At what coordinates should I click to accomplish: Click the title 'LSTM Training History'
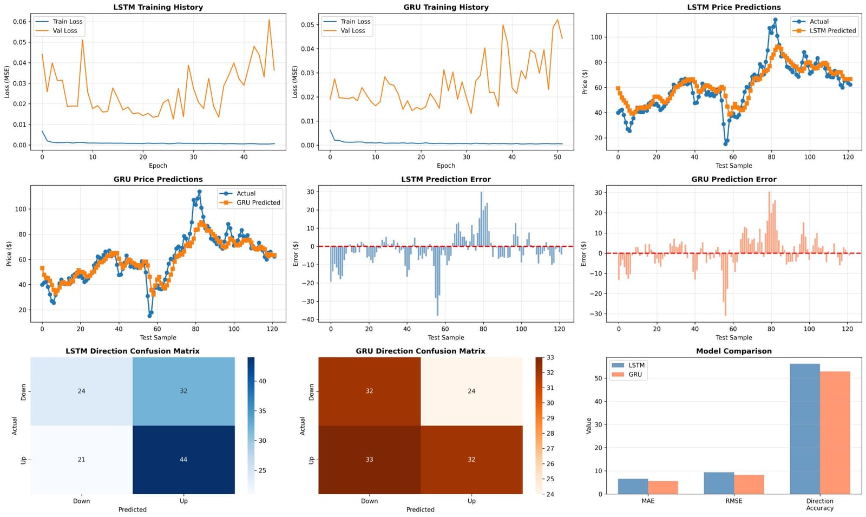point(158,7)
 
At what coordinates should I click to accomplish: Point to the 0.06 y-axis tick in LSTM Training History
point(19,22)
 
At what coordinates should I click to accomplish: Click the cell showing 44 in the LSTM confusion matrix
point(183,460)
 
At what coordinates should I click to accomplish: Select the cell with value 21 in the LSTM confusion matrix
point(82,460)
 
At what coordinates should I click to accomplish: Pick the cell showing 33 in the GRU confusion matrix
point(369,460)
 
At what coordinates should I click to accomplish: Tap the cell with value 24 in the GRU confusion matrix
point(471,391)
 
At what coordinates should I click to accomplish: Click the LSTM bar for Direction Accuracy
point(805,429)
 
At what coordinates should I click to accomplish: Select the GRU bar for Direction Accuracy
point(835,433)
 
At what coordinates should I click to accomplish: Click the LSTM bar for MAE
point(633,487)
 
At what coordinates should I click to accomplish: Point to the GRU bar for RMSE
point(749,484)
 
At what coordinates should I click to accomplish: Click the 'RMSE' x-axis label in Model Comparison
point(734,501)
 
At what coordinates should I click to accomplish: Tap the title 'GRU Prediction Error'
point(734,179)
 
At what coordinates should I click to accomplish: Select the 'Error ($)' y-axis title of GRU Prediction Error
point(584,254)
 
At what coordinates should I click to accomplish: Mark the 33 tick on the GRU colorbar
point(550,358)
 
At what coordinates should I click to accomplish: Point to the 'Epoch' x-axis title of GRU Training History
point(446,166)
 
